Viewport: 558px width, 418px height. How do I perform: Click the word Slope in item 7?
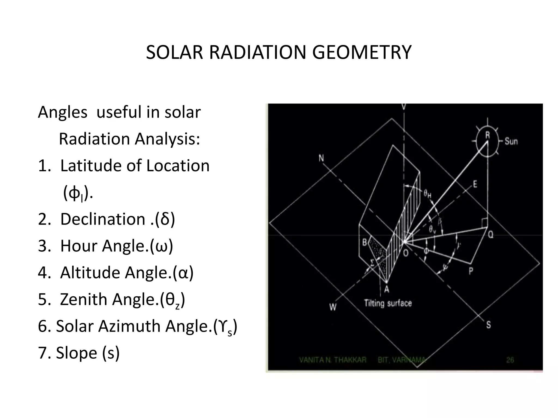(76, 353)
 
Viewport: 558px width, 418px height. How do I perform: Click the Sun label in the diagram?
(511, 141)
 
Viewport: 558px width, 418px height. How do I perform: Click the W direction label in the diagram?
(333, 307)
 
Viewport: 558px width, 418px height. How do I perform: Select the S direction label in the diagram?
(488, 325)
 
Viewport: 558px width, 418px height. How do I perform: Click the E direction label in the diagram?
(475, 184)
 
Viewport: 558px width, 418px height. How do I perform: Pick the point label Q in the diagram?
(490, 235)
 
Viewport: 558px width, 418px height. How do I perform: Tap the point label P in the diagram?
(471, 271)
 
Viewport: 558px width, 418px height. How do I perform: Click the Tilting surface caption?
(388, 303)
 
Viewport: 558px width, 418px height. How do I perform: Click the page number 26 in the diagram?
(510, 360)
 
